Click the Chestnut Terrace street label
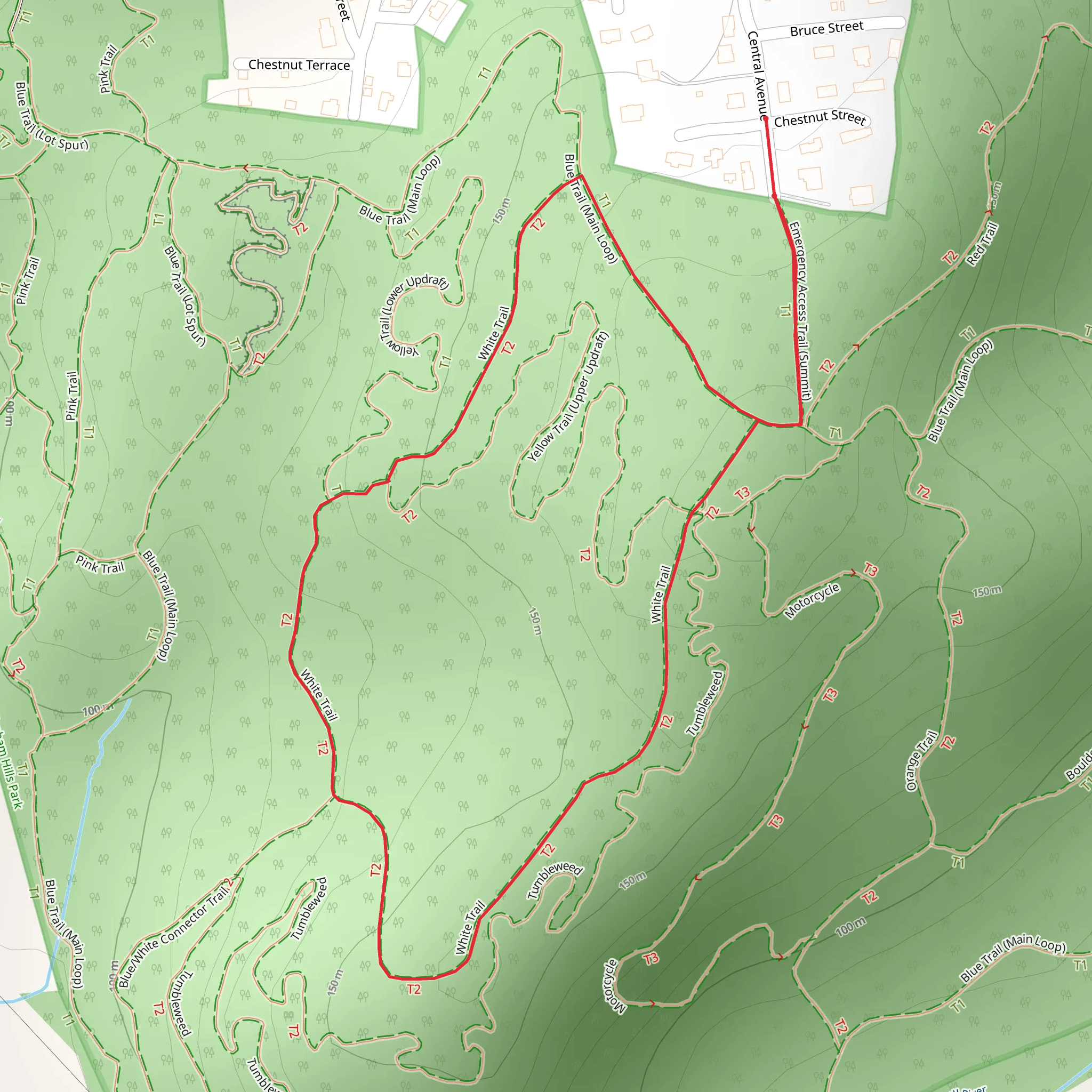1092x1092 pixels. click(x=299, y=65)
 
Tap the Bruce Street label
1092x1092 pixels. click(x=826, y=29)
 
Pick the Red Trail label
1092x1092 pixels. click(x=982, y=244)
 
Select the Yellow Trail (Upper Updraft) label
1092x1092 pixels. click(x=568, y=396)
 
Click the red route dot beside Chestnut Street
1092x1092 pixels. click(x=765, y=119)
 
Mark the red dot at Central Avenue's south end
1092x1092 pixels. click(x=774, y=196)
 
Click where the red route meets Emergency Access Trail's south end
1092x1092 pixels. click(x=800, y=424)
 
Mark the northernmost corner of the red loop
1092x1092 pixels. click(x=581, y=176)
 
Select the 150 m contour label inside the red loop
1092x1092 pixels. click(x=535, y=621)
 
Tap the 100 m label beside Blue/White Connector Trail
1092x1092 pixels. click(x=113, y=975)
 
